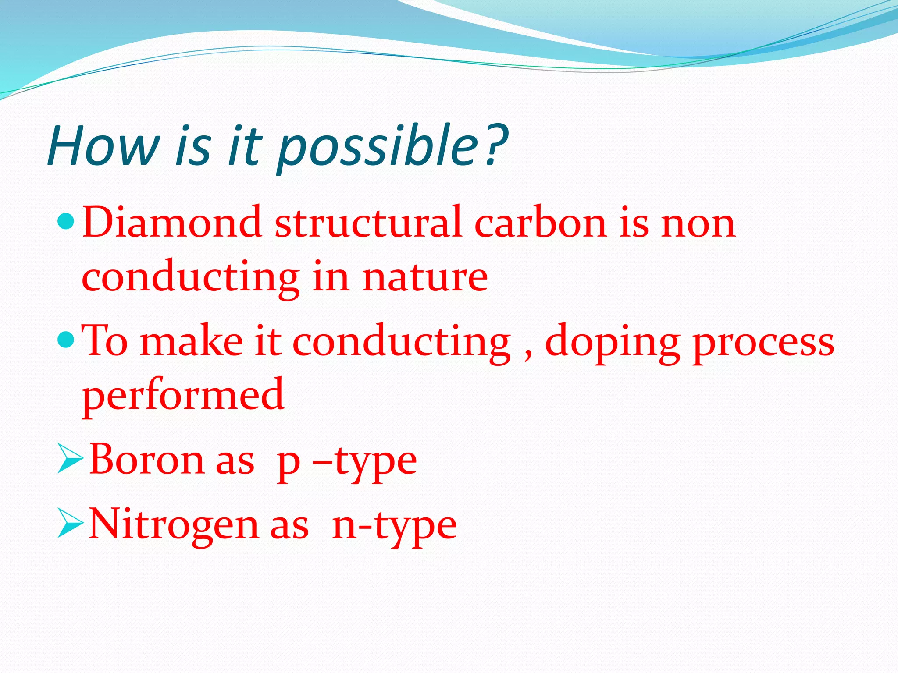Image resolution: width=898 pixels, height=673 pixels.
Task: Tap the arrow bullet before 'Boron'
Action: point(70,460)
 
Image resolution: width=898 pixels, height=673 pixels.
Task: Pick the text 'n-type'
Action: point(394,526)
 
